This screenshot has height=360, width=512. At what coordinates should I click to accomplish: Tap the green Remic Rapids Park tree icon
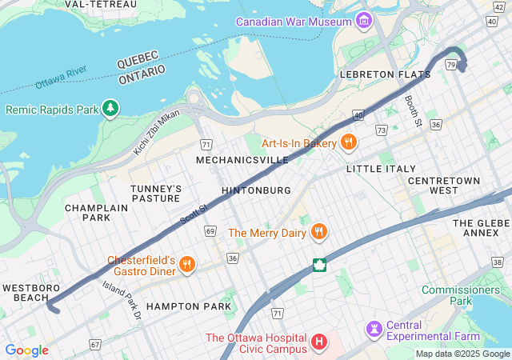pos(110,108)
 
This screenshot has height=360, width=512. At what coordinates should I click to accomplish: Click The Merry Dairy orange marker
pos(318,232)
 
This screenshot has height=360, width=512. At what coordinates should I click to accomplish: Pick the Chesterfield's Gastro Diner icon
pos(186,264)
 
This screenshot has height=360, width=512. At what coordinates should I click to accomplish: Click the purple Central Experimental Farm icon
pos(374,329)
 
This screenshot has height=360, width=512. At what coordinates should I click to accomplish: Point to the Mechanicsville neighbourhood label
pos(242,160)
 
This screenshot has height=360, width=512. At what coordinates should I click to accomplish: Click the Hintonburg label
pos(256,190)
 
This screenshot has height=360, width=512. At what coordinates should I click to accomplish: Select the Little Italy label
pos(381,169)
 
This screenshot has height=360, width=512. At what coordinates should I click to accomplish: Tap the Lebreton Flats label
pos(385,74)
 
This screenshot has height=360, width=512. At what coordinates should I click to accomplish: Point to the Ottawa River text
pos(61,78)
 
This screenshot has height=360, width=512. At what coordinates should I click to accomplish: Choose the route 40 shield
pos(358,116)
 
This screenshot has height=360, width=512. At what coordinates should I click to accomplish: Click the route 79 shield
pos(452,64)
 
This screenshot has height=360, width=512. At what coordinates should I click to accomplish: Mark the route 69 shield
pos(210,230)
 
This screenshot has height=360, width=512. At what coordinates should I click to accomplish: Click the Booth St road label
pos(412,110)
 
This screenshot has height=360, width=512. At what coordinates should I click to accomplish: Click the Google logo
pos(26,350)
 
